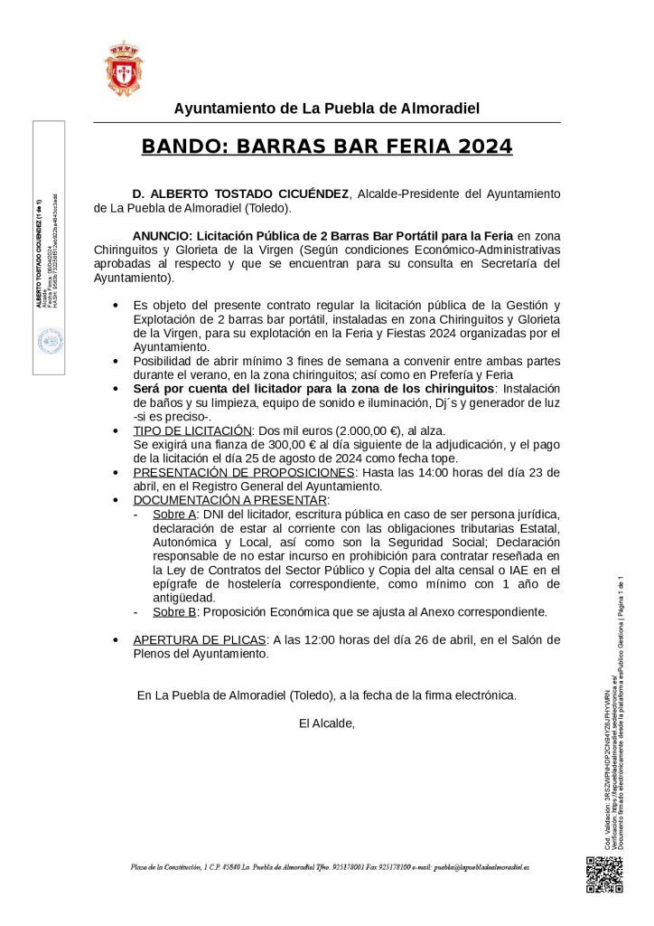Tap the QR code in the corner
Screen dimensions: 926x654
(604, 874)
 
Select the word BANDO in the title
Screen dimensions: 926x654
(179, 146)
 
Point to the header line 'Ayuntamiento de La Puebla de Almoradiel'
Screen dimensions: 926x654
(326, 109)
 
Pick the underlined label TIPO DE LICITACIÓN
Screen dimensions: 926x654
(192, 431)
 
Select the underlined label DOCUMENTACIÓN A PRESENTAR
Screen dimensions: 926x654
(230, 499)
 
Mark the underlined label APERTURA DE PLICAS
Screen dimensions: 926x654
(200, 639)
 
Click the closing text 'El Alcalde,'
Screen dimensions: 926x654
(326, 723)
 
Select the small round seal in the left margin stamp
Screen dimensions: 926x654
(49, 342)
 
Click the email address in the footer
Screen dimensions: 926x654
(481, 866)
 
